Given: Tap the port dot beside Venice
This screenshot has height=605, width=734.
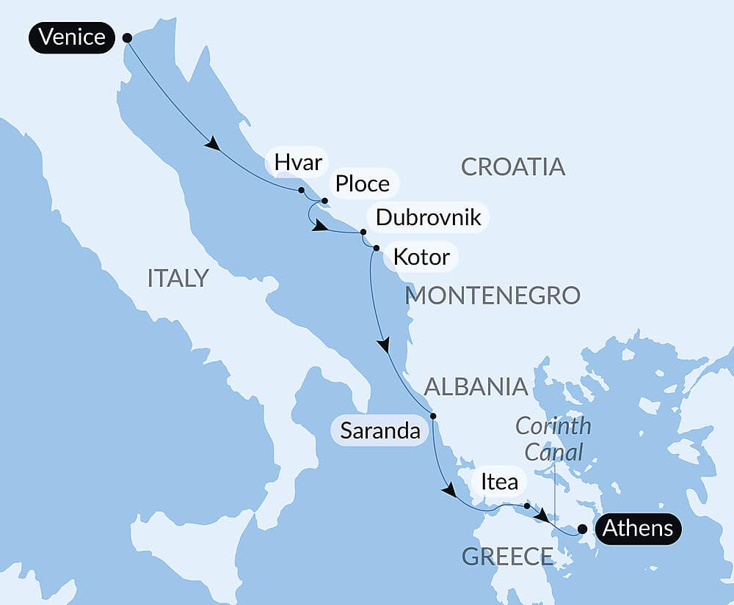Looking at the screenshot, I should pos(126,37).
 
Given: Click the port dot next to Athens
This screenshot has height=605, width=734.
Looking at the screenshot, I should pos(582,528).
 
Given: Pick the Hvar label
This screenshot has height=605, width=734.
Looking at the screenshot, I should pos(298,162).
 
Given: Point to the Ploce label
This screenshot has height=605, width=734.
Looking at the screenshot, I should pos(362,183).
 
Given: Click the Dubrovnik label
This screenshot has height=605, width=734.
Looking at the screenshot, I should pos(428,217).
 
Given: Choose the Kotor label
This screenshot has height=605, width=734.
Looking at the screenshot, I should pos(421,257).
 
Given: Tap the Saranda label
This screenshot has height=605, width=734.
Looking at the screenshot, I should pos(380,431).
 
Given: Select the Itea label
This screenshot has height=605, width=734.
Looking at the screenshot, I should pos(499,483).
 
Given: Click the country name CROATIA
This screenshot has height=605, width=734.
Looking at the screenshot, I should pos(513,166).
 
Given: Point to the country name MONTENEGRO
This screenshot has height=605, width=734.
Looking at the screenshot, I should pos(493,296).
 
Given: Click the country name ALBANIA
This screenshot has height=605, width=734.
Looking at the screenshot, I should pos(476,386).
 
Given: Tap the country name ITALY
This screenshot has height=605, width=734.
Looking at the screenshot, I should pos(178,278).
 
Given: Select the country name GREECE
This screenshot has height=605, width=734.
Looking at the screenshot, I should pos(506,557).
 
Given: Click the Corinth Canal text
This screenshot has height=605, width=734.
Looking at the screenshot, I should pos(553,439).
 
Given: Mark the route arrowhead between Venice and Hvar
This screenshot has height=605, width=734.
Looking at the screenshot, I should pos(212,144).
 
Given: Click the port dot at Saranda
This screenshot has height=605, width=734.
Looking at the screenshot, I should pos(433,417).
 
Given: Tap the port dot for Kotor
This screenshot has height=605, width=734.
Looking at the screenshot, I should pos(376,249).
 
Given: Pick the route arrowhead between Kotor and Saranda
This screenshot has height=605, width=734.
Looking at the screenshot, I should pos(383,345).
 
